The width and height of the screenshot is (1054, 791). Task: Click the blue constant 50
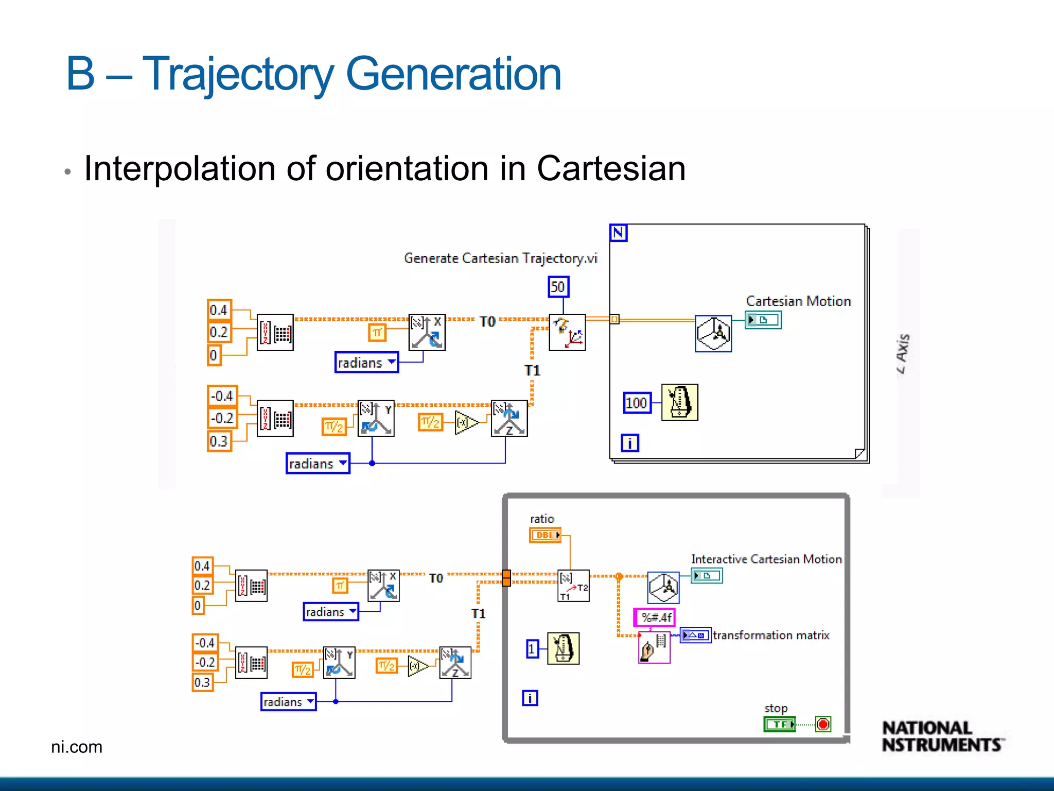point(558,287)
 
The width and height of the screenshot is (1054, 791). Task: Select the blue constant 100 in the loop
point(636,403)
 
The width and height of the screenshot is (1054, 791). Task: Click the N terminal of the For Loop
point(618,233)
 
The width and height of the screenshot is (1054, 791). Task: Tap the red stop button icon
point(823,725)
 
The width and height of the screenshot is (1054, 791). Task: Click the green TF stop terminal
point(779,725)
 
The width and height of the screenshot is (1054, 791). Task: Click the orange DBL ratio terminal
point(544,535)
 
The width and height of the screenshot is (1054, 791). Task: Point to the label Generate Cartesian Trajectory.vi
point(500,258)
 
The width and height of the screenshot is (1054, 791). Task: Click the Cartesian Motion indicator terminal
point(763,320)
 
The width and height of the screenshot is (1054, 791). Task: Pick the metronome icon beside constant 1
point(563,648)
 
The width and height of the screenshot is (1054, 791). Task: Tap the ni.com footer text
point(77,747)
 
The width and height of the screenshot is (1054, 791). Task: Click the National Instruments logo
point(941,737)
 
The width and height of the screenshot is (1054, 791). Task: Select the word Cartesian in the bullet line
point(611,168)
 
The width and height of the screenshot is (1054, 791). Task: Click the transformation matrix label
point(771,635)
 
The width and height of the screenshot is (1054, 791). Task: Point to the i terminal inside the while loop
point(530,698)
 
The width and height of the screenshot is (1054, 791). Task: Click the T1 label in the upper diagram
point(532,370)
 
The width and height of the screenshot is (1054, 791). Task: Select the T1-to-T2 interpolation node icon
point(573,586)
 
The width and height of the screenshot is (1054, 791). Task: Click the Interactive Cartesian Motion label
point(766,559)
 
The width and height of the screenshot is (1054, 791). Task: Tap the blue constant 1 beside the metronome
point(532,649)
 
